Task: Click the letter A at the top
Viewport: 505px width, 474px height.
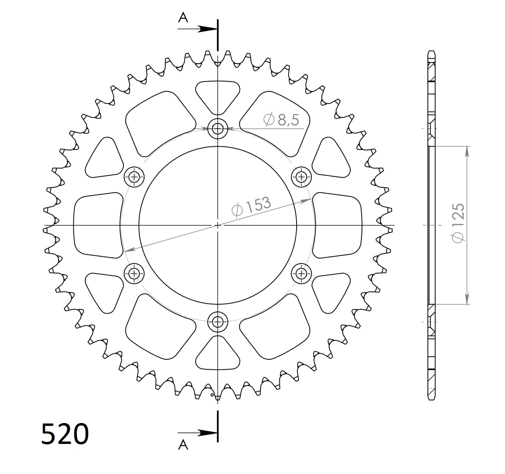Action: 183,17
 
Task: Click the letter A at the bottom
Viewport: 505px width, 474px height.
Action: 183,445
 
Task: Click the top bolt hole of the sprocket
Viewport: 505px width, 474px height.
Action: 218,129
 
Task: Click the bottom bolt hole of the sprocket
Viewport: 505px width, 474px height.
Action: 218,321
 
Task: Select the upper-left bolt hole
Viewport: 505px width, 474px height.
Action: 134,176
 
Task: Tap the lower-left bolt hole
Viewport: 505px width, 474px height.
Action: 134,273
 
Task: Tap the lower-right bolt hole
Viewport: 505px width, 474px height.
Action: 301,273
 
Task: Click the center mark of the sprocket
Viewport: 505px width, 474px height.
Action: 218,225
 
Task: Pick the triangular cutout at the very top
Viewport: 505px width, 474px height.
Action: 218,95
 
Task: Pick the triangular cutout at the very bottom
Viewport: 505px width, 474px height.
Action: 218,355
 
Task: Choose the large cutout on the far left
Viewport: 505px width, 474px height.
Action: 98,225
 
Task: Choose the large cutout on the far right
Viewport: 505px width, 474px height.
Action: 337,225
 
